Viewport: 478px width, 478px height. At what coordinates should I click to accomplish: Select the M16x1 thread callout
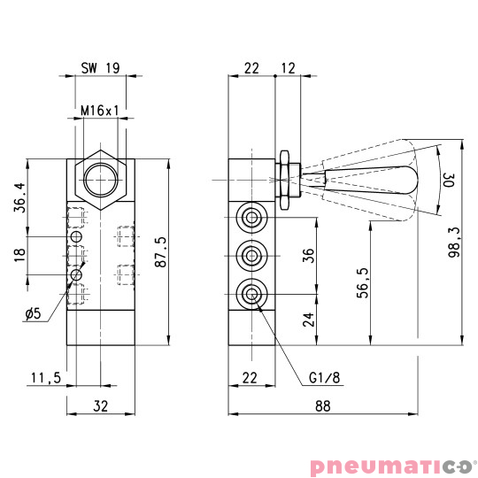tap(99, 112)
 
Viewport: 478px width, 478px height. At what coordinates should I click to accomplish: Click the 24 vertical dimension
tap(308, 319)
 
